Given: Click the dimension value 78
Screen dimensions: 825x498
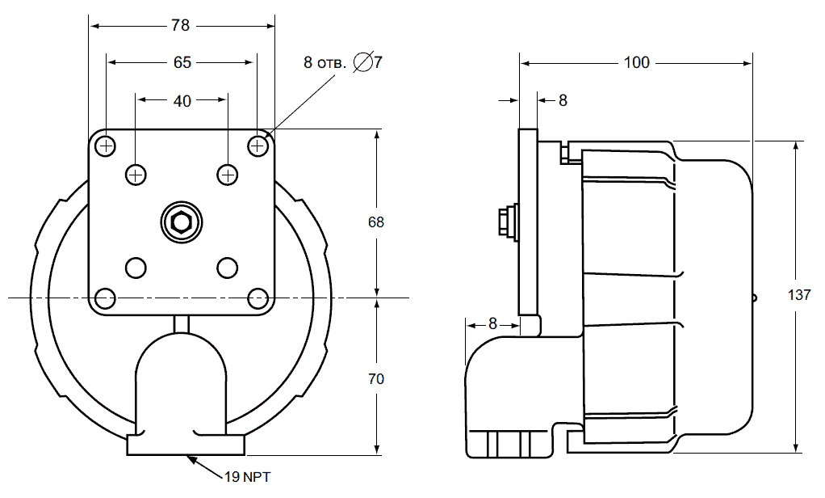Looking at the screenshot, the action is pos(180,25).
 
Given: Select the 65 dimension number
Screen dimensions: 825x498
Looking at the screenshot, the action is pos(182,63).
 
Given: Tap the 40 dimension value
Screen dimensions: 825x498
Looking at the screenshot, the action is pos(182,101).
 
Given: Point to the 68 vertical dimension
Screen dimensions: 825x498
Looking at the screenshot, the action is pos(375,222).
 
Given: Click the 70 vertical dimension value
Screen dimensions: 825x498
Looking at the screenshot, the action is pos(375,379).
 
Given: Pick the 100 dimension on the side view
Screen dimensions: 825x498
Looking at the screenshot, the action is pos(637,63).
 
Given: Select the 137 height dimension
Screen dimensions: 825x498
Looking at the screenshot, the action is pos(799,294).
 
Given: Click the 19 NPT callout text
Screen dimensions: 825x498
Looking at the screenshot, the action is pos(247,478).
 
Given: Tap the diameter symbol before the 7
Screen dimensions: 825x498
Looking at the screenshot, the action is pos(363,62).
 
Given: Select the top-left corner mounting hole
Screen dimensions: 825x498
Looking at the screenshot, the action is pos(107,145).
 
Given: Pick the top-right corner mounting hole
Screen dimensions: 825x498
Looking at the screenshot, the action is pos(258,145).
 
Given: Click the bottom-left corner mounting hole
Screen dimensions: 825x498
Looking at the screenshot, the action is pos(106,298).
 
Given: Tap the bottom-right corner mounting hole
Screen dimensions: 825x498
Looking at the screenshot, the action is pos(258,298).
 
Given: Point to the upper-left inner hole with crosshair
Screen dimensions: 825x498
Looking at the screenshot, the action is pos(136,175).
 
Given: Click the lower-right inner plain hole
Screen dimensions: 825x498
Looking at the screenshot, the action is pos(228,268).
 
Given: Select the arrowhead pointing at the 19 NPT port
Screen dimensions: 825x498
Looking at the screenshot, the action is pos(192,459).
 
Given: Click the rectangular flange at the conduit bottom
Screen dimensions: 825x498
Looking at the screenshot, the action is pos(186,445).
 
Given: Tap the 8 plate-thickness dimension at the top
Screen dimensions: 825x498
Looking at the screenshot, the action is pos(563,101).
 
